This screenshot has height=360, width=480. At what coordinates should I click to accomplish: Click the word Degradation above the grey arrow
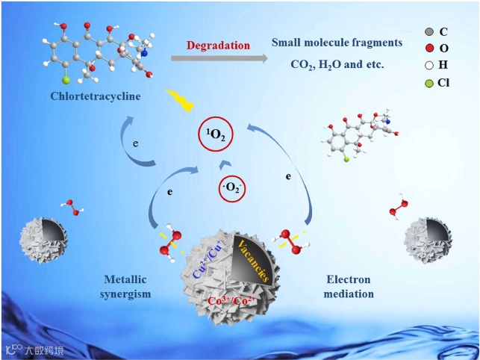pos(219,46)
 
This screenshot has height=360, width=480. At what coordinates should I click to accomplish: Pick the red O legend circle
pos(427,49)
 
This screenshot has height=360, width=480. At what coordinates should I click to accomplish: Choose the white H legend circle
pos(427,65)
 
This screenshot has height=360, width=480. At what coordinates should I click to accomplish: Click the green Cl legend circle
pos(427,82)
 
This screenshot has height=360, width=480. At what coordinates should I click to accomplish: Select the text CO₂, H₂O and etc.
pos(337,64)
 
